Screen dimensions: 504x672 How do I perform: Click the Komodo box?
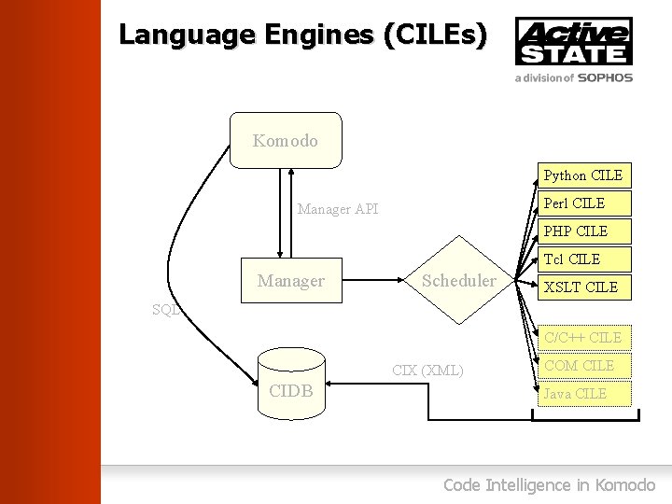(286, 141)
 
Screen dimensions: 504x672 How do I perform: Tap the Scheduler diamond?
(459, 280)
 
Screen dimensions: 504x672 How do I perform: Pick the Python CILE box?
(583, 175)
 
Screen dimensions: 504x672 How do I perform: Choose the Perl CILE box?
(583, 203)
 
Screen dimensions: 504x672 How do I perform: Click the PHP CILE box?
(583, 231)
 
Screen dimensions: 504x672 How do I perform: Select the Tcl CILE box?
(583, 259)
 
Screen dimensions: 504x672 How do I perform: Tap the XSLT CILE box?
(583, 287)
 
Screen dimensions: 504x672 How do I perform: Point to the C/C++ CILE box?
(583, 337)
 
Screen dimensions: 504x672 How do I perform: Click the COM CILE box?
(583, 365)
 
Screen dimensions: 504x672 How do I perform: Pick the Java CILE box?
(583, 393)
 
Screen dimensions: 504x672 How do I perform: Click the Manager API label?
(338, 209)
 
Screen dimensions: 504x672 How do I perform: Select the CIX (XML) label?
(427, 371)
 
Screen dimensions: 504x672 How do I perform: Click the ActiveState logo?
(573, 41)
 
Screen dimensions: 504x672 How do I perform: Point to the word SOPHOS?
(605, 78)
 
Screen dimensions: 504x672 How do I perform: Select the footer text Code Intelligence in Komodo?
(549, 484)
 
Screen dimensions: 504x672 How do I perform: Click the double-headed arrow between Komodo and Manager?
(291, 212)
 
